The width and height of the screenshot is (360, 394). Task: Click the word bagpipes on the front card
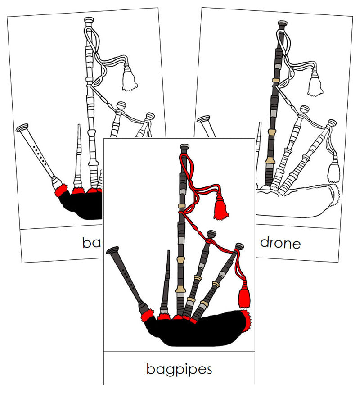click(179, 369)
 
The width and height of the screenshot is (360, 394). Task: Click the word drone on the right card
click(280, 243)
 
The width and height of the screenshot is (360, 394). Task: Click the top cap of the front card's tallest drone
click(184, 147)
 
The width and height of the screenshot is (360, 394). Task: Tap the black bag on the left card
click(81, 205)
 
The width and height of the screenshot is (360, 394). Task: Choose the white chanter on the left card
click(38, 153)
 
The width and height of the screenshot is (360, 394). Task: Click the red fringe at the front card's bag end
click(246, 319)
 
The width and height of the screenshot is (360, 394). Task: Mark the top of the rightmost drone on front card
click(239, 246)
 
